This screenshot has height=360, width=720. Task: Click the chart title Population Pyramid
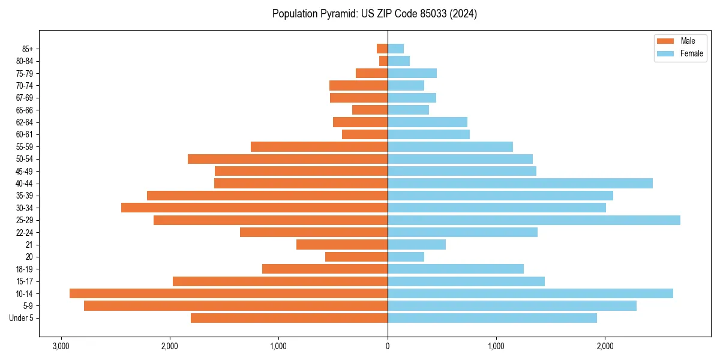[x=374, y=14]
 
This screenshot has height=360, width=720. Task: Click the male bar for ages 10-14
[x=229, y=293]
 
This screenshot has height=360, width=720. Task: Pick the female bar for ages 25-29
[x=534, y=220]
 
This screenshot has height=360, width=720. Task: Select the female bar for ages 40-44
[x=520, y=184]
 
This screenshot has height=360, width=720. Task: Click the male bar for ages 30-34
[x=254, y=208]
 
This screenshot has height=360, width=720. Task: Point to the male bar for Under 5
[x=289, y=318]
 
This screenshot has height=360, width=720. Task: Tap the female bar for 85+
[x=396, y=49]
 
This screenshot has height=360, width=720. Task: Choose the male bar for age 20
[x=356, y=257]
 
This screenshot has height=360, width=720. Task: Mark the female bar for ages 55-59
[x=450, y=146]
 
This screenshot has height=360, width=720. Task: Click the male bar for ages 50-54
[x=287, y=159]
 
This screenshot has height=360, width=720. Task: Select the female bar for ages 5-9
[x=512, y=306]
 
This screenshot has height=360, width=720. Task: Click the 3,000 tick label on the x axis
[x=61, y=346]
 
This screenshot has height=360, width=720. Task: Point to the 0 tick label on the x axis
[x=388, y=346]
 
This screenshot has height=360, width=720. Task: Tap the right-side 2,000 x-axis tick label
[x=605, y=346]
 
